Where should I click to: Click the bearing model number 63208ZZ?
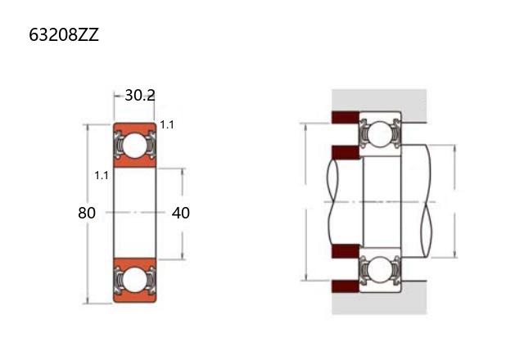64,34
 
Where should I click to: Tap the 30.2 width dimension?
140,96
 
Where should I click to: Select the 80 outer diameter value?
87,213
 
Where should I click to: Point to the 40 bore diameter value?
181,213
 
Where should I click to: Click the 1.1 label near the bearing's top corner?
167,125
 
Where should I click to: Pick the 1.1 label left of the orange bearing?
102,175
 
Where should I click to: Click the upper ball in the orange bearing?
134,146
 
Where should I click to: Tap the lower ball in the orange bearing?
134,279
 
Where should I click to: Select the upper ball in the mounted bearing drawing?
381,134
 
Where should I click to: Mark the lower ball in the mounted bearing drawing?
381,269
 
